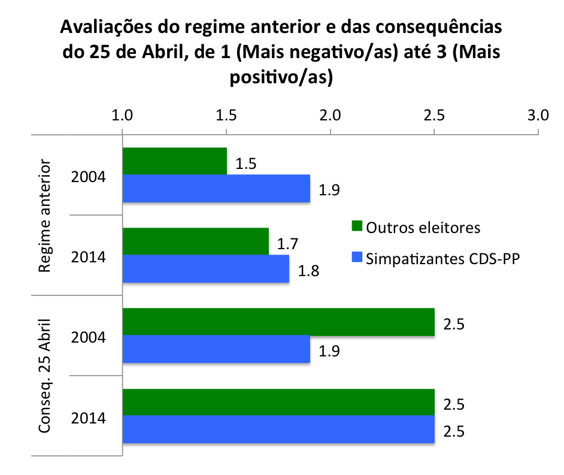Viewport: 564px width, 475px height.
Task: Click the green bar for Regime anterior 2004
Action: click(x=175, y=161)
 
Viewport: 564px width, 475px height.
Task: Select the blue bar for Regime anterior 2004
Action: click(x=216, y=188)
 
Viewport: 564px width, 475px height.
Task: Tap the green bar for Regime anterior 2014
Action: click(x=196, y=241)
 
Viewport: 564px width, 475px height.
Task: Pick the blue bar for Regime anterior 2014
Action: click(x=206, y=268)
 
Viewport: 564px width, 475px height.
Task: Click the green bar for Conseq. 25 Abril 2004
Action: click(x=278, y=322)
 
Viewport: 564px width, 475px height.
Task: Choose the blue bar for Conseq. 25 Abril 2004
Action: click(x=216, y=349)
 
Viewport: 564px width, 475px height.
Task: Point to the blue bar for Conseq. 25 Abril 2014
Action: click(x=278, y=429)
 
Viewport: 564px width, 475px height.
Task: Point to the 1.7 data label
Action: click(x=288, y=244)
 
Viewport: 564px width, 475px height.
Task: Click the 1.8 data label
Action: click(x=308, y=270)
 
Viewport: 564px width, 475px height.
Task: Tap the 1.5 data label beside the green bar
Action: click(x=246, y=164)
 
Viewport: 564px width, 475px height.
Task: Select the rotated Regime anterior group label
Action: click(x=45, y=216)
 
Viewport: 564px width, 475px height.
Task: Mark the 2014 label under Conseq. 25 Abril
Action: click(x=89, y=417)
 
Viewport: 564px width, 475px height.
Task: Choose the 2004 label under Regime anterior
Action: click(x=89, y=177)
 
